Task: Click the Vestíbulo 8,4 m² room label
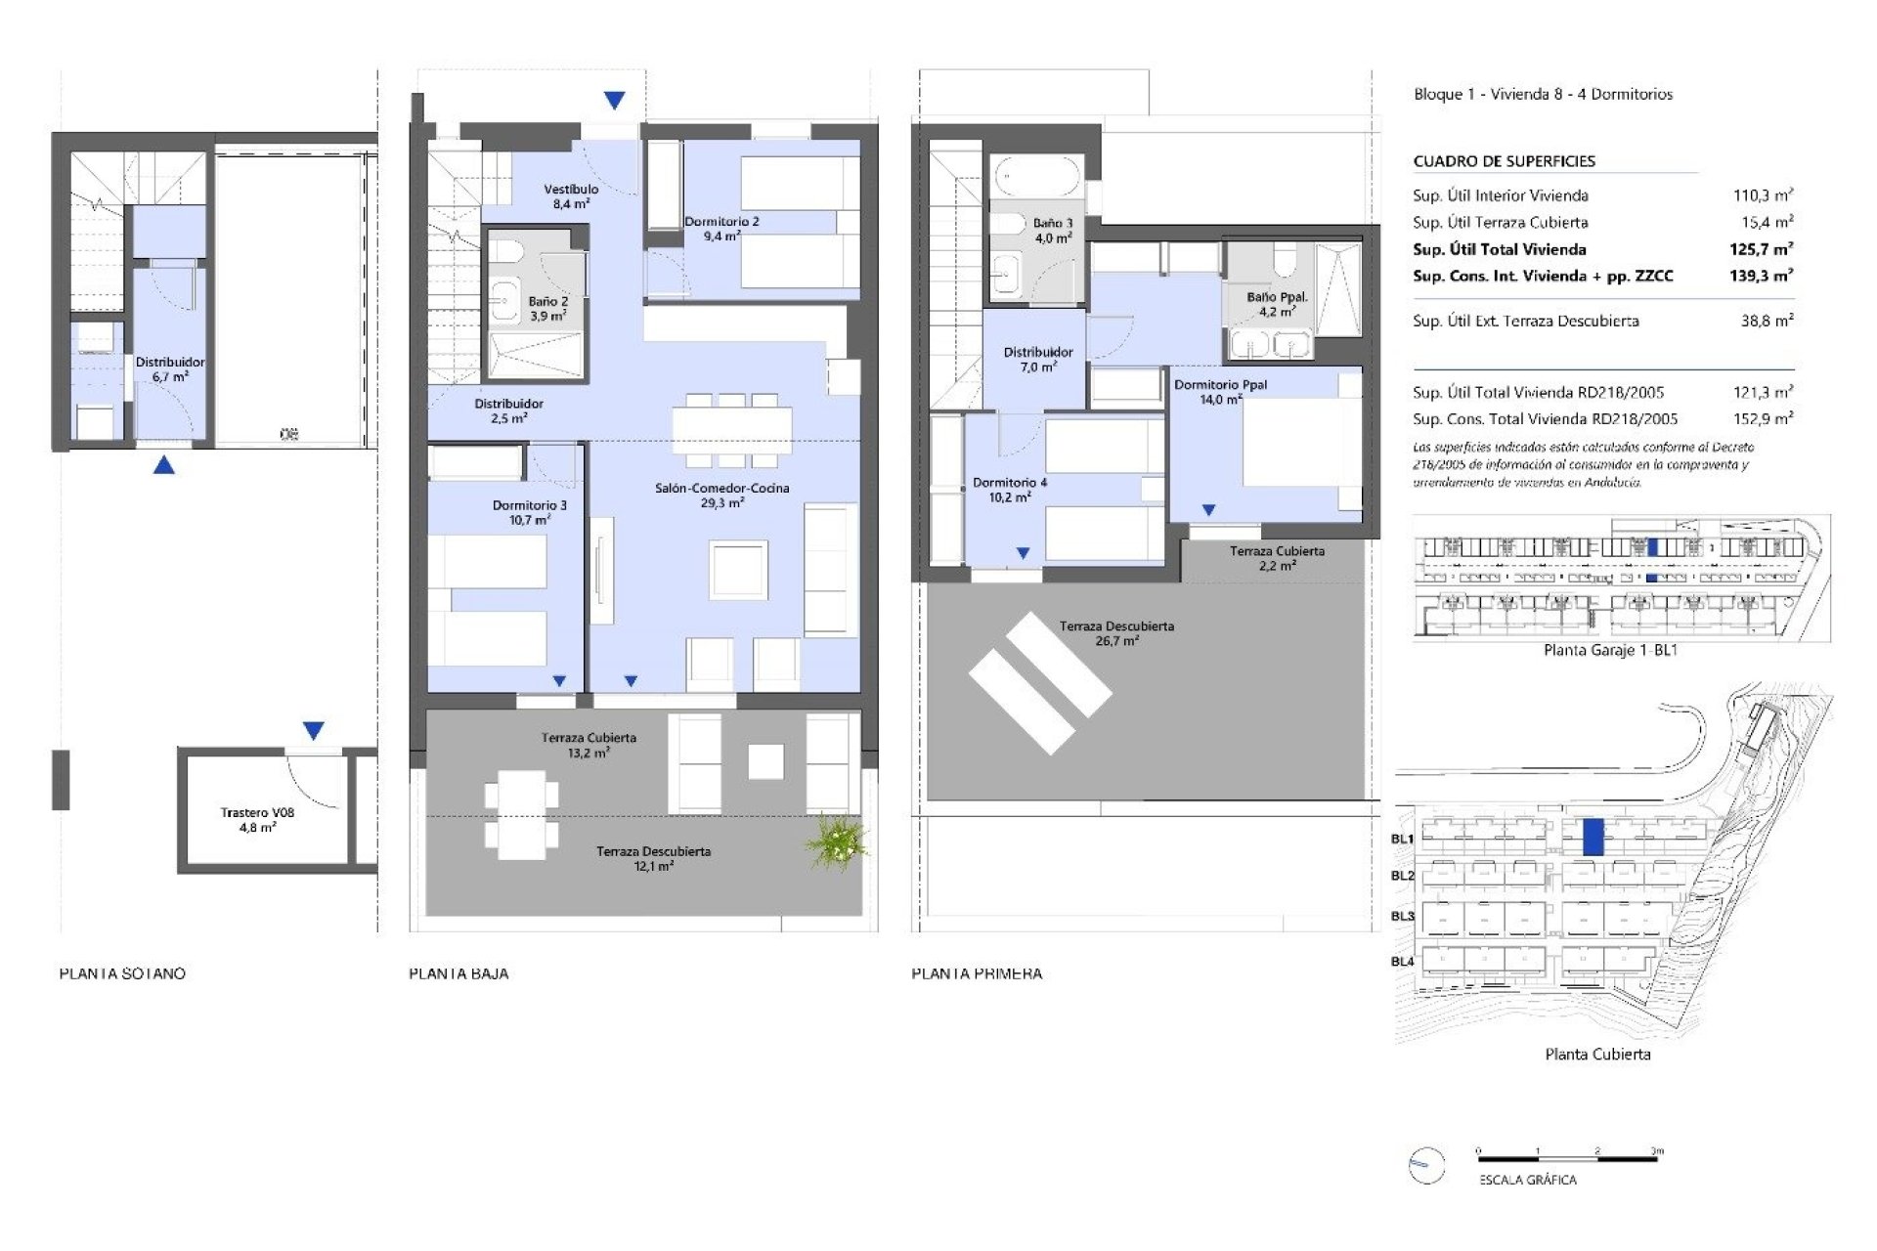(571, 196)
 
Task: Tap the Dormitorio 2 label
(721, 229)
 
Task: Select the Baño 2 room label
(547, 309)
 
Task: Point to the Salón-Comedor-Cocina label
(721, 495)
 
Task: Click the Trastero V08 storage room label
(257, 819)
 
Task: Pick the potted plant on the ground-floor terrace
(836, 841)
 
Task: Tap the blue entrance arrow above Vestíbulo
(614, 100)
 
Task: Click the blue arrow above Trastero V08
(313, 730)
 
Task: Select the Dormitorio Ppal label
(1220, 391)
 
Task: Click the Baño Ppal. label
(1276, 304)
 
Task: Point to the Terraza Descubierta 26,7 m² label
(1116, 633)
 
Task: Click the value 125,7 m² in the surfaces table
(1761, 249)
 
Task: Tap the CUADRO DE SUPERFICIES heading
(1504, 161)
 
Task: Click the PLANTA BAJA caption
(458, 973)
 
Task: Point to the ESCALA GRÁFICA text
(1527, 1180)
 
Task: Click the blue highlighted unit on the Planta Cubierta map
(1593, 838)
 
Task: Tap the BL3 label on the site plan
(1402, 916)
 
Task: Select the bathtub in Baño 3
(1036, 179)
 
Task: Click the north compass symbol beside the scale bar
(1426, 1165)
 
